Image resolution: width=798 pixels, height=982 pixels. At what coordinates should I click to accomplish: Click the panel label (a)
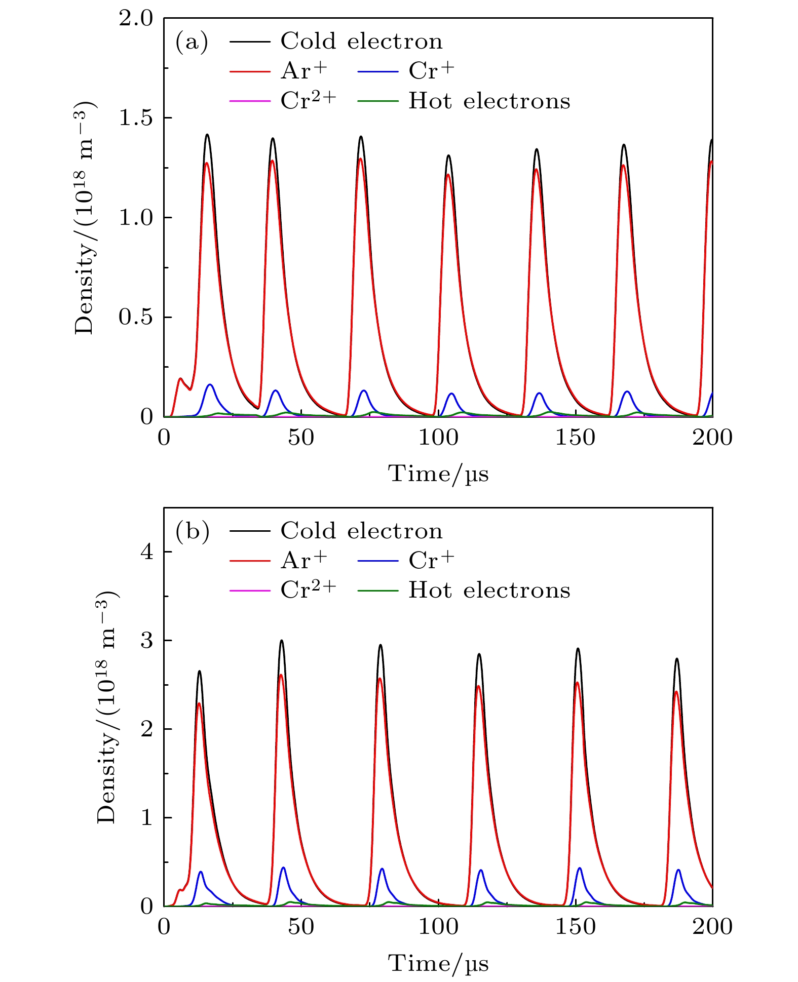(192, 42)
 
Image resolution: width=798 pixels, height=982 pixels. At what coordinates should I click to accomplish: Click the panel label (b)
(192, 531)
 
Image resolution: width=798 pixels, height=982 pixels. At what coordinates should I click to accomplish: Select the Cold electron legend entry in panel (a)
(361, 42)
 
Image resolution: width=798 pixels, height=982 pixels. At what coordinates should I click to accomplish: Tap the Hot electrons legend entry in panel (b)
(489, 591)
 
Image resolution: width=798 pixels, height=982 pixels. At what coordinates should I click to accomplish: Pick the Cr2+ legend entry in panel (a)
(308, 100)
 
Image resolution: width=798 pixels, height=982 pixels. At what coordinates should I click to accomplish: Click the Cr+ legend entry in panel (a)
(431, 71)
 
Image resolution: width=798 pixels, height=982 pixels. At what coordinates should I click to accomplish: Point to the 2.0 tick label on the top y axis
(135, 19)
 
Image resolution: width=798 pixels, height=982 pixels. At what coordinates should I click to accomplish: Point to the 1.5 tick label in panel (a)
(135, 118)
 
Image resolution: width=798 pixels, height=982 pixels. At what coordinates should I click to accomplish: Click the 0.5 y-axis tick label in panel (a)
(135, 318)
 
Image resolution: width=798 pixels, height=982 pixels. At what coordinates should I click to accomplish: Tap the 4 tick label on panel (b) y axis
(146, 552)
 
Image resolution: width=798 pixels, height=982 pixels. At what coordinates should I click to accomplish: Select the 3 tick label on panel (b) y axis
(146, 641)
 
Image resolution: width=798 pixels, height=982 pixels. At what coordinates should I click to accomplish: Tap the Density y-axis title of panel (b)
(107, 706)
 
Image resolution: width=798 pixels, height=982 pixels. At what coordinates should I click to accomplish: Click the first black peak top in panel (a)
(207, 135)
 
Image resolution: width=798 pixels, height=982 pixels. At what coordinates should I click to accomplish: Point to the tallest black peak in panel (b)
(282, 641)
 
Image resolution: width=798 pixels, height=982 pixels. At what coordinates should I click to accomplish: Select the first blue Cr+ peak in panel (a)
(210, 384)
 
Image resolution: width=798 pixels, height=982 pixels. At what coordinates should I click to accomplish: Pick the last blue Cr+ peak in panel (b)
(678, 870)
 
